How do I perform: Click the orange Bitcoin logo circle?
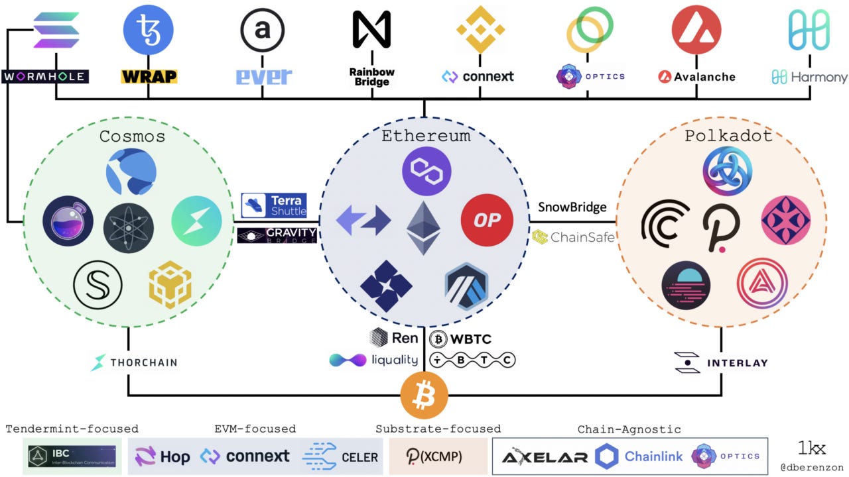pyautogui.click(x=424, y=396)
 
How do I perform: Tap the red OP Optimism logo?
pyautogui.click(x=488, y=220)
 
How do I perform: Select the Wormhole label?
pyautogui.click(x=44, y=77)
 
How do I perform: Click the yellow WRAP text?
pyautogui.click(x=149, y=77)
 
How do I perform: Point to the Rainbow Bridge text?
pyautogui.click(x=371, y=77)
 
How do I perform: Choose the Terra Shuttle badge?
pyautogui.click(x=274, y=205)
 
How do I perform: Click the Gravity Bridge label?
pyautogui.click(x=277, y=235)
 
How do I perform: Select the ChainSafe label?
pyautogui.click(x=574, y=237)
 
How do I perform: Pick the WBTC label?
pyautogui.click(x=461, y=339)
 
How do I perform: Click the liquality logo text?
pyautogui.click(x=374, y=360)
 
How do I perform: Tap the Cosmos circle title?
pyautogui.click(x=132, y=136)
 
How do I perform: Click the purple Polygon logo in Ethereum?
pyautogui.click(x=426, y=171)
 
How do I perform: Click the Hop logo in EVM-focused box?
pyautogui.click(x=163, y=456)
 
